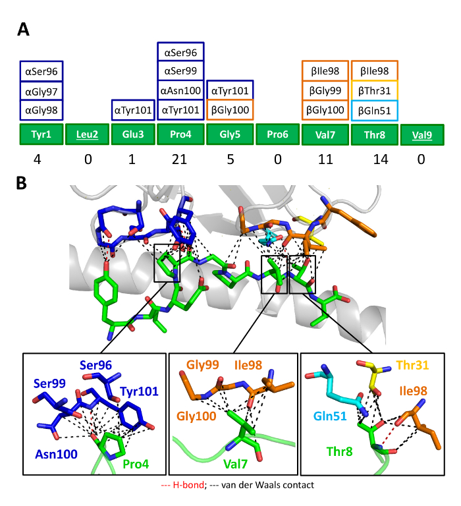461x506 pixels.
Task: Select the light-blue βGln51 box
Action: [374, 110]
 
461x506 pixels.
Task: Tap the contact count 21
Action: [180, 158]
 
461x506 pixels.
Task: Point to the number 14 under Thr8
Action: [373, 158]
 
